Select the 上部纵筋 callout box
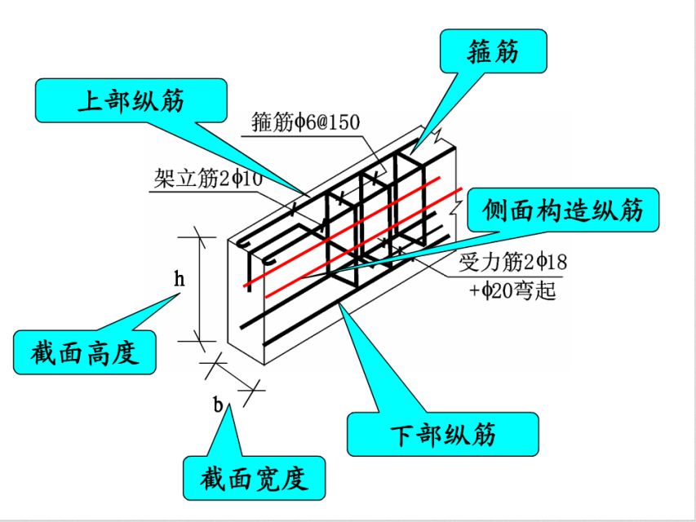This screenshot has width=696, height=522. pos(131,101)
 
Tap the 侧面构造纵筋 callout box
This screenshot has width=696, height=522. pos(563,211)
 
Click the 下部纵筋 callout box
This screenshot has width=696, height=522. pos(442,434)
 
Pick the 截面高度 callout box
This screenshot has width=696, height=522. pos(85,352)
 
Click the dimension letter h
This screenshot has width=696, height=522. pos(180,280)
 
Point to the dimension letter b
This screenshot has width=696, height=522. pos(219,403)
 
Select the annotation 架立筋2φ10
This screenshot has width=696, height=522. pos(206,179)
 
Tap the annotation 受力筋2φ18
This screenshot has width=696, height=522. pos(512,263)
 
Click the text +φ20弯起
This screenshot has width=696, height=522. pos(512,290)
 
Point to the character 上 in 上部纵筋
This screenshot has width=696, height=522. pos(88,101)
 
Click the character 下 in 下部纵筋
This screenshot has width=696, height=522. pos(400,434)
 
